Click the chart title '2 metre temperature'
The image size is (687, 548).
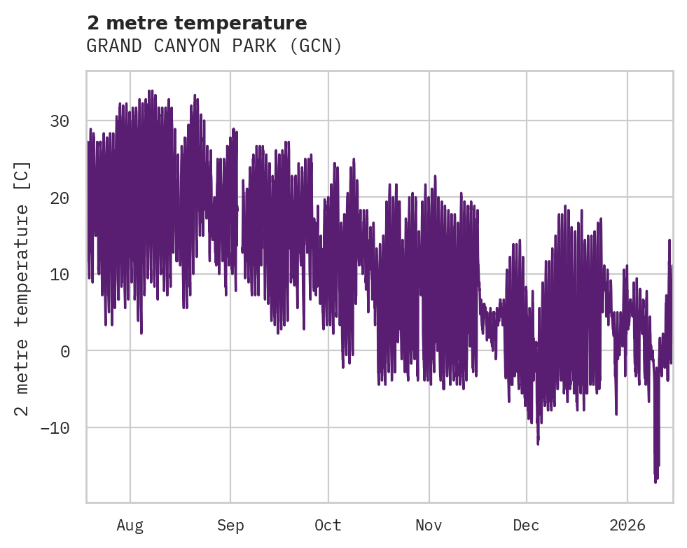[197, 23]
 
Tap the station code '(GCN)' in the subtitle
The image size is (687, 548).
[318, 46]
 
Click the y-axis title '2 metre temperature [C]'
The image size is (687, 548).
[23, 288]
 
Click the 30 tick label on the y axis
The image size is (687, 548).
[60, 121]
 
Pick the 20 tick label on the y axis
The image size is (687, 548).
[60, 198]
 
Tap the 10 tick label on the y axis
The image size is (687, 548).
[60, 274]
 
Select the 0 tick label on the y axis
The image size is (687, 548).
[65, 351]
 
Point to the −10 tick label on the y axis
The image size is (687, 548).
[55, 427]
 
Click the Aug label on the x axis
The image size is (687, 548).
[130, 525]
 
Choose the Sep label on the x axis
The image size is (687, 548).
[230, 525]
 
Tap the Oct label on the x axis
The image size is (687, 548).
[328, 525]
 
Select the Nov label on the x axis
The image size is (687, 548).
[429, 525]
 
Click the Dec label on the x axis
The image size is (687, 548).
[526, 525]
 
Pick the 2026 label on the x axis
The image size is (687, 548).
[627, 525]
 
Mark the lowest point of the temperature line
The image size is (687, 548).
[655, 483]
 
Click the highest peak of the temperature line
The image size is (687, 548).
[150, 90]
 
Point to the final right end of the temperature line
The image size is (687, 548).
[672, 266]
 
